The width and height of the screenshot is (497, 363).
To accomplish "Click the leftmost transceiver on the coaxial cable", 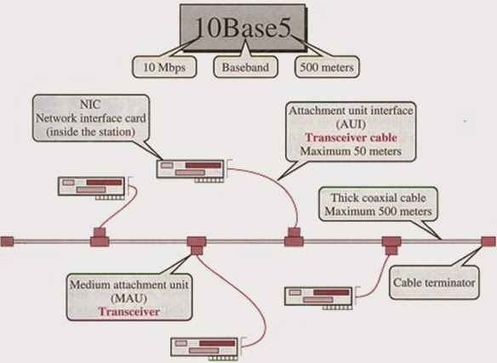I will [99, 235].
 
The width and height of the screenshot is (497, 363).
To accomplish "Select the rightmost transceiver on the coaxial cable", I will [391, 243].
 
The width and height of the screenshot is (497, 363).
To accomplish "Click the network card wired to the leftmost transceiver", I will [91, 188].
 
